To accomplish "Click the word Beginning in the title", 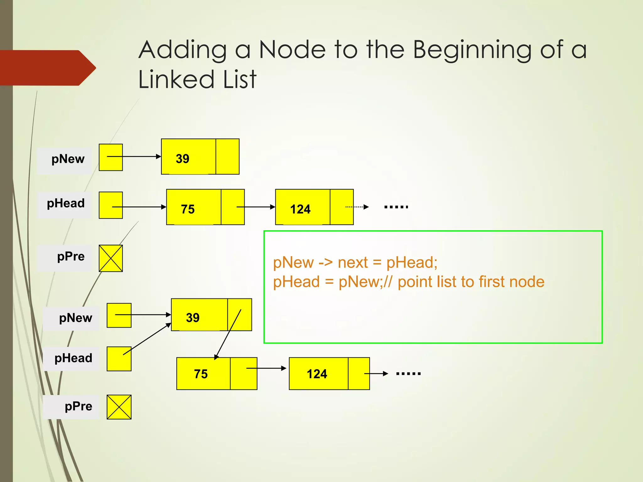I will click(472, 50).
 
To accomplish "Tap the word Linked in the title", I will click(176, 79).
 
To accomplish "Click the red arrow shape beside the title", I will click(47, 68).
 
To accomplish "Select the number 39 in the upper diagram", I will click(182, 159).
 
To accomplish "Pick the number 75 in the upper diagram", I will click(188, 209).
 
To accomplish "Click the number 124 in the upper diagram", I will click(300, 209).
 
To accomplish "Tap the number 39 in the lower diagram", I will click(192, 318).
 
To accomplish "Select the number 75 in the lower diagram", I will click(201, 374).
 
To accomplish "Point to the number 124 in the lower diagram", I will click(317, 374).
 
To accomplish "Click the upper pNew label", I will click(68, 159).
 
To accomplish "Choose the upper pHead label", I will click(66, 203).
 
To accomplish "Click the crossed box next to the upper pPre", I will click(111, 258).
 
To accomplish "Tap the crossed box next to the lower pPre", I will click(119, 407).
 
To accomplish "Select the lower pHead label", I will click(73, 358).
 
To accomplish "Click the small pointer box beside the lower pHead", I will click(119, 359).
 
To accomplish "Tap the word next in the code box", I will click(353, 262).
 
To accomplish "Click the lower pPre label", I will click(78, 406).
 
